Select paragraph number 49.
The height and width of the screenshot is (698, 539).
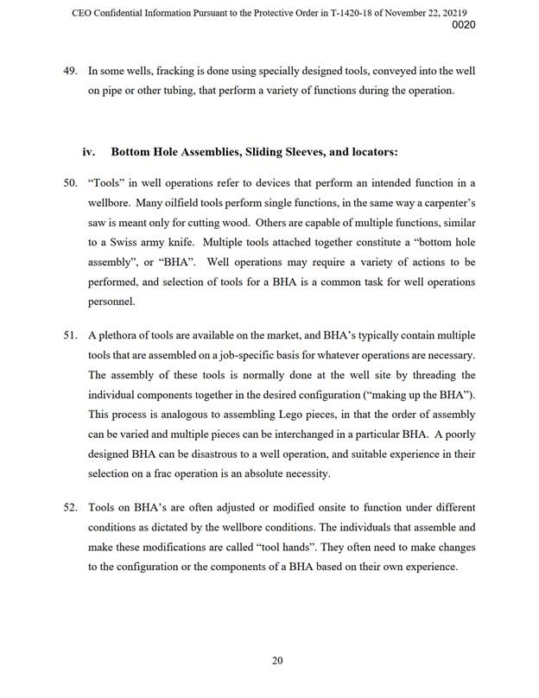(x=72, y=69)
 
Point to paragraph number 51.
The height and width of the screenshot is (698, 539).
(x=72, y=333)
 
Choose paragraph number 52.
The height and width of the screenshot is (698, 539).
(x=72, y=505)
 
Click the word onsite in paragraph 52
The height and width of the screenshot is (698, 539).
(x=319, y=505)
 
